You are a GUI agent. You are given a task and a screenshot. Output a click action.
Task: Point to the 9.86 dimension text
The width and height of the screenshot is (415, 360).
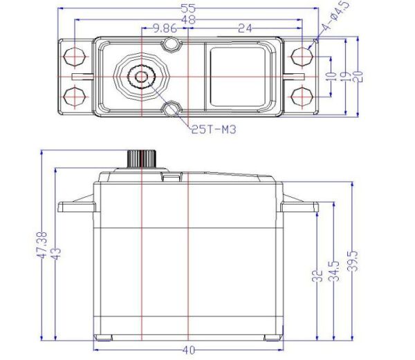(x=164, y=28)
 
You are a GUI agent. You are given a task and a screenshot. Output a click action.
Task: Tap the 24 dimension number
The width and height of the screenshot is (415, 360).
(x=244, y=28)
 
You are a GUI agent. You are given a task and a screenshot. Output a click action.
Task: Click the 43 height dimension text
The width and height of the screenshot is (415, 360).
(x=57, y=254)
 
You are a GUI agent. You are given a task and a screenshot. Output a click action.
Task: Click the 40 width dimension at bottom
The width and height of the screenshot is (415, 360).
(x=188, y=350)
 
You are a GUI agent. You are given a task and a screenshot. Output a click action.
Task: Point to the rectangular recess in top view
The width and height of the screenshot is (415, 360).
(x=238, y=75)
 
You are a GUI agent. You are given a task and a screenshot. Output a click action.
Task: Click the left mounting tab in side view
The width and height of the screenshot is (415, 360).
(x=76, y=206)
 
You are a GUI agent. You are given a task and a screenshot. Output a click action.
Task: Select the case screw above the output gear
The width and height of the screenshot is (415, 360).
(x=172, y=46)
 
